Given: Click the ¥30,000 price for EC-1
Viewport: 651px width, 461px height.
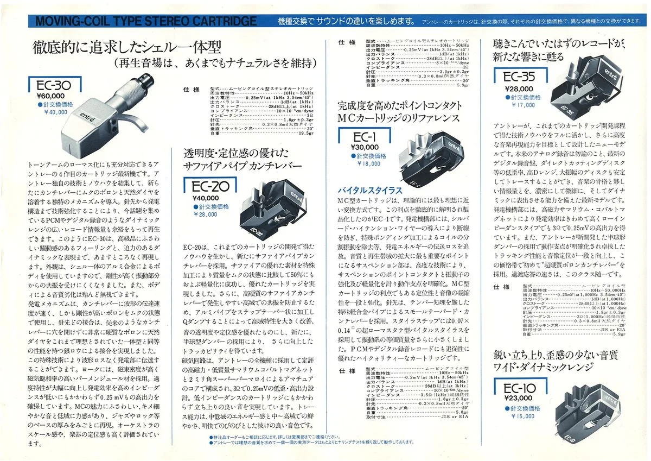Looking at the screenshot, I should point(365,147).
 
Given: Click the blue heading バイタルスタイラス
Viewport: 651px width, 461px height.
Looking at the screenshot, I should point(370,190).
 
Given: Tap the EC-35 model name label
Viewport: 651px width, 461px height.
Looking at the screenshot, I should point(519,78).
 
